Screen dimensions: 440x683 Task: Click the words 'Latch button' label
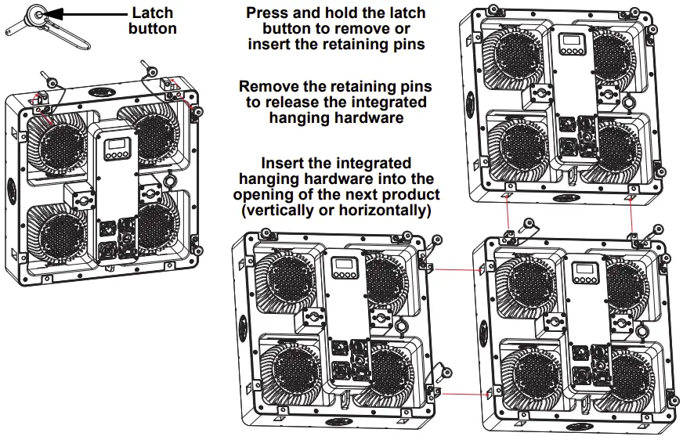click(153, 21)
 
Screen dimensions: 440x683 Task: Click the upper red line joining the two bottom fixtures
click(456, 269)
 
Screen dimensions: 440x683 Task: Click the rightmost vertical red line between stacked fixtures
click(632, 215)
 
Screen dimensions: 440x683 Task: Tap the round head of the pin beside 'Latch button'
click(36, 13)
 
